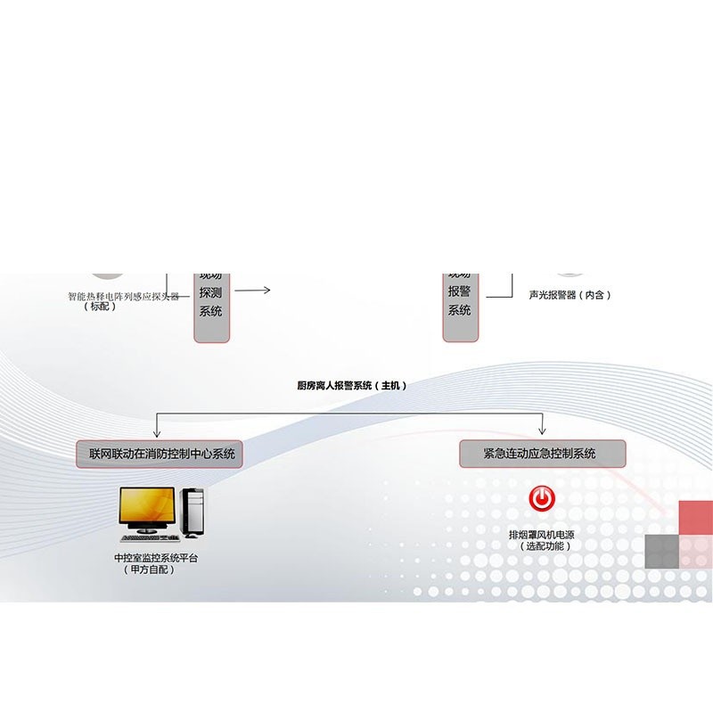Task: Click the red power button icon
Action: [x=541, y=498]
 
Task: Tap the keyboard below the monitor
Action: [x=148, y=537]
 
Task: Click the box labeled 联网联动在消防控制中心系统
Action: [x=161, y=454]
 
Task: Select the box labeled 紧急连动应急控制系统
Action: [x=540, y=454]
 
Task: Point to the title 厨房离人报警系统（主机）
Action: [x=351, y=386]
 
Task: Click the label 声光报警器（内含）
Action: [x=570, y=294]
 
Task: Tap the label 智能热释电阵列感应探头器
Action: [x=124, y=296]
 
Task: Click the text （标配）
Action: [x=100, y=307]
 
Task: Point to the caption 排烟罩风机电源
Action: [x=541, y=535]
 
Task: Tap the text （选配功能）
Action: [x=541, y=546]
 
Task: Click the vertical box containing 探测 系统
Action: [x=211, y=303]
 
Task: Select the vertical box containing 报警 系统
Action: [x=460, y=303]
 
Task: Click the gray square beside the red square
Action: [x=661, y=552]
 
